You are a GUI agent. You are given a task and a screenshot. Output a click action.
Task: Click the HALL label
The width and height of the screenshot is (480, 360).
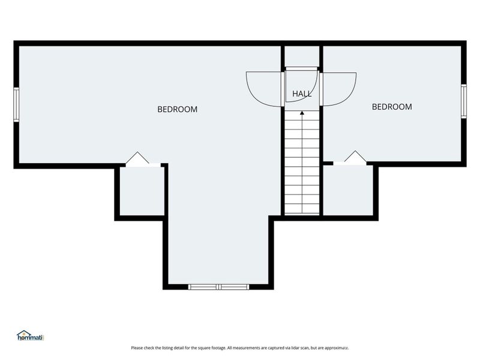(x=302, y=94)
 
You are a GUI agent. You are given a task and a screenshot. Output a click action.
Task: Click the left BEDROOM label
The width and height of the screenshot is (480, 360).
(x=177, y=109)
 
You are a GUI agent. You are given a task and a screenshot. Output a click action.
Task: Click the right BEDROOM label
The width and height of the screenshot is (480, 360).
(x=392, y=107)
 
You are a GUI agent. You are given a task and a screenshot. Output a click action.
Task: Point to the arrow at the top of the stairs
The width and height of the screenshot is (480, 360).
(x=302, y=112)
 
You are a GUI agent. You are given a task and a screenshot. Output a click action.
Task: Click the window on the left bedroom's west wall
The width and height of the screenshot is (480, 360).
(x=17, y=104)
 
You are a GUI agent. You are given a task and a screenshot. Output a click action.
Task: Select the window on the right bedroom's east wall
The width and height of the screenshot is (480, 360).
(x=463, y=100)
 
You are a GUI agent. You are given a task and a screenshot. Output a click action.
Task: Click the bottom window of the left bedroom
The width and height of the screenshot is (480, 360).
(x=218, y=287)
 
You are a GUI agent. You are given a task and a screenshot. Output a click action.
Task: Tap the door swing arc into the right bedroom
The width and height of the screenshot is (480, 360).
(x=340, y=89)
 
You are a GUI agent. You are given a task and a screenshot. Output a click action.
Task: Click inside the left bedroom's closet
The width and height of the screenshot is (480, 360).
(x=142, y=191)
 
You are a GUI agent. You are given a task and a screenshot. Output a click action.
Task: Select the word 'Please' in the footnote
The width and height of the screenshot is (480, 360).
(x=137, y=347)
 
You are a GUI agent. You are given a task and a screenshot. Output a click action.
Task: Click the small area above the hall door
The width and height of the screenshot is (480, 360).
(x=302, y=56)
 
